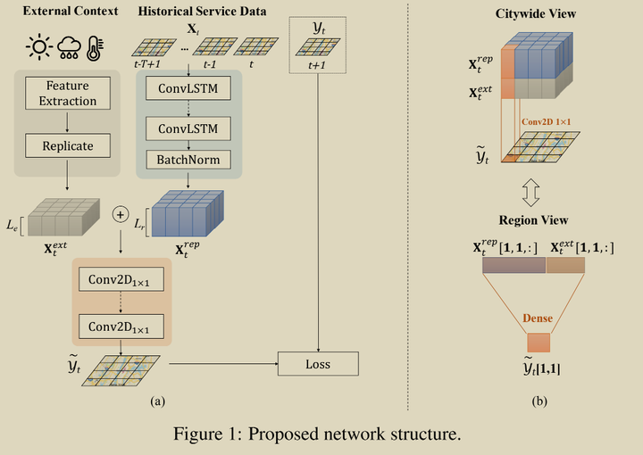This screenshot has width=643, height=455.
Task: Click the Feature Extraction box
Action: [67, 94]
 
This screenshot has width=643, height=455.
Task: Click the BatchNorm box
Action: [188, 160]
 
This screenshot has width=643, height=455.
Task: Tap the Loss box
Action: [318, 363]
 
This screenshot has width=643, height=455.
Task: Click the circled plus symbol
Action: [119, 215]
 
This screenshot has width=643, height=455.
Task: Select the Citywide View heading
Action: [535, 14]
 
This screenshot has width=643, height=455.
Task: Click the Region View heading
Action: [535, 219]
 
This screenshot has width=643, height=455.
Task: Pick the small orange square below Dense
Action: [539, 342]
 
